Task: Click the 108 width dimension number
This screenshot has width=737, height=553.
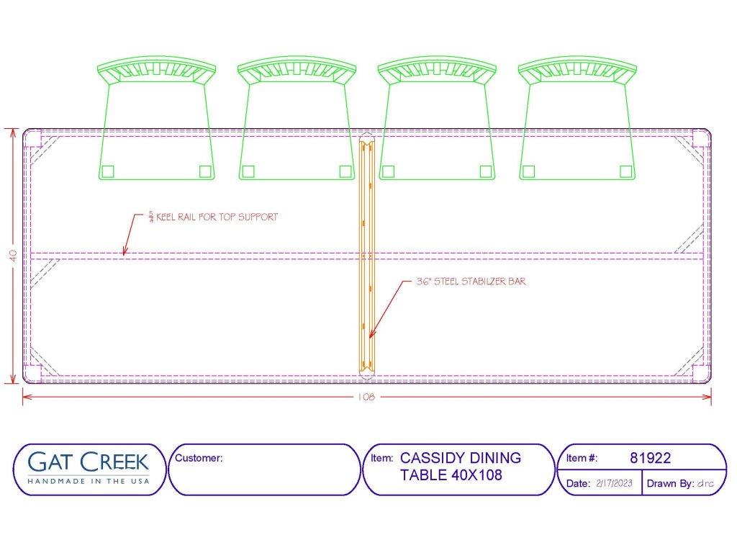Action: (x=366, y=397)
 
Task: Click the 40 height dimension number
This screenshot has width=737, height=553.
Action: (x=13, y=256)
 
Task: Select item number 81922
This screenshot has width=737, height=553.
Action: (x=650, y=457)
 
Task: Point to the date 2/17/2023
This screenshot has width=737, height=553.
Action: (x=615, y=483)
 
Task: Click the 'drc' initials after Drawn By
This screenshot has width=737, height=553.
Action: (x=705, y=483)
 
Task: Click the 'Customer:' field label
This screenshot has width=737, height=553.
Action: (x=199, y=457)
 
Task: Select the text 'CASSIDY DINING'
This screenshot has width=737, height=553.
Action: (x=460, y=457)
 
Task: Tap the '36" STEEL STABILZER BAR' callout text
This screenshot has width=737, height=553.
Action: (x=471, y=282)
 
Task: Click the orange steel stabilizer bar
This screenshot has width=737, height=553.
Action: (x=367, y=256)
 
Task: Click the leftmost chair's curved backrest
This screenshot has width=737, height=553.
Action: (x=156, y=70)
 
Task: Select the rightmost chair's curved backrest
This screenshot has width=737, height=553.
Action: (x=577, y=70)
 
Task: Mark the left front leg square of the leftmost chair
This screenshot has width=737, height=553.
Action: (x=108, y=171)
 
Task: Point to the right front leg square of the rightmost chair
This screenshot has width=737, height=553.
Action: (x=625, y=171)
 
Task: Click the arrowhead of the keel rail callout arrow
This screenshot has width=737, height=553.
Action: (x=125, y=251)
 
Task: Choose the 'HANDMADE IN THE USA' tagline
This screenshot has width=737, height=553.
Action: (x=89, y=481)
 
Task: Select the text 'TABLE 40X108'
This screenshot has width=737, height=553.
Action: (x=451, y=475)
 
